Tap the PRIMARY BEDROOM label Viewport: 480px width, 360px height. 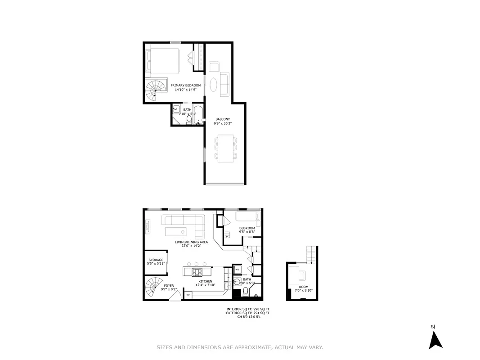click(185, 85)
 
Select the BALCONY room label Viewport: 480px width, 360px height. click(222, 119)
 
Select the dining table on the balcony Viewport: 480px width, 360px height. click(225, 148)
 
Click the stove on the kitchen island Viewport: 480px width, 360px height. click(197, 272)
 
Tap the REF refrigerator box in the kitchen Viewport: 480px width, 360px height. click(188, 294)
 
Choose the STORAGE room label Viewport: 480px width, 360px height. click(156, 260)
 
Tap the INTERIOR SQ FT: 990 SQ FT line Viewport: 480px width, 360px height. click(247, 309)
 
